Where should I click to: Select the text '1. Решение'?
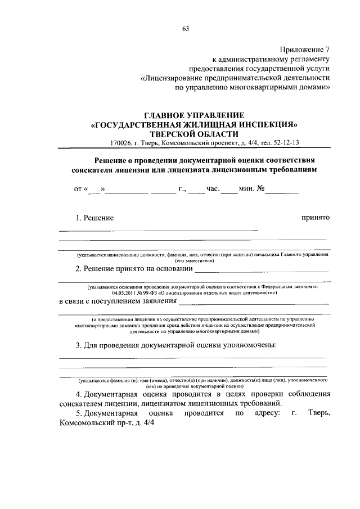point(94,218)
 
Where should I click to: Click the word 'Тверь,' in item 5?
point(317,414)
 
